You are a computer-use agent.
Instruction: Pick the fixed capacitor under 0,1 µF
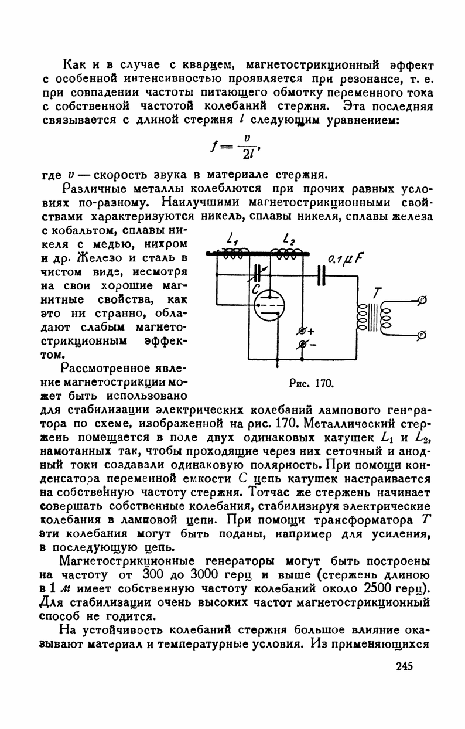pyautogui.click(x=321, y=275)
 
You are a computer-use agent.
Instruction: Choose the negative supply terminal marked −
pyautogui.click(x=303, y=345)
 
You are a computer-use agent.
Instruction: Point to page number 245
pyautogui.click(x=405, y=666)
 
